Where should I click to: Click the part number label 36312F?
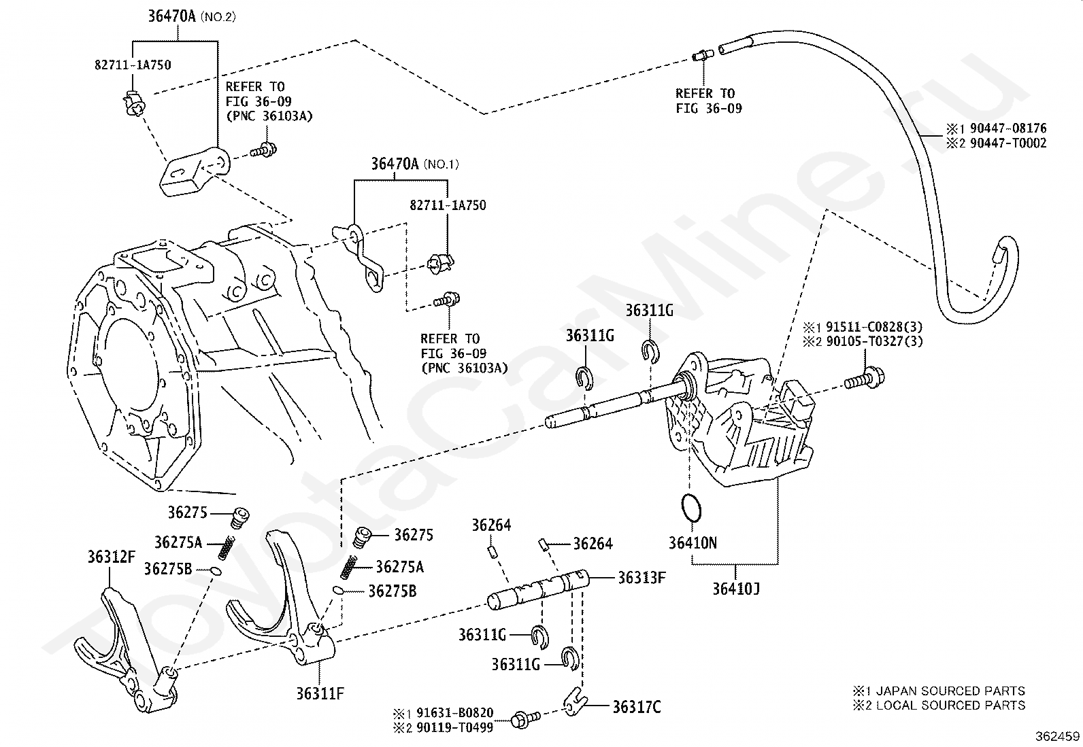pos(111,557)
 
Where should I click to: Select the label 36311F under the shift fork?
pos(320,694)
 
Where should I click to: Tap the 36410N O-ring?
pos(691,508)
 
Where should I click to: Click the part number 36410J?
pos(736,589)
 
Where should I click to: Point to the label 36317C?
pos(636,708)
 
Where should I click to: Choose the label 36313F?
pos(642,578)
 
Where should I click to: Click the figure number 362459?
pos(1057,736)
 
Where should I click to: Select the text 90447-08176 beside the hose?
pos(1008,128)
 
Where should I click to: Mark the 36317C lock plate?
pos(576,703)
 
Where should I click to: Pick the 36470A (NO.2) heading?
pos(191,16)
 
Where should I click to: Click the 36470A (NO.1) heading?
pos(415,164)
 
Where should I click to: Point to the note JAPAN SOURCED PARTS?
pos(950,691)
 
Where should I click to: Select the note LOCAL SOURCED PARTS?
pos(950,706)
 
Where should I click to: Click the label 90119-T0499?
pos(454,728)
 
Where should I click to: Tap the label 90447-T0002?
pos(1008,143)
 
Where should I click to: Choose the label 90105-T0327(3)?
pos(874,341)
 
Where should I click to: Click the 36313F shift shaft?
pos(538,589)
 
